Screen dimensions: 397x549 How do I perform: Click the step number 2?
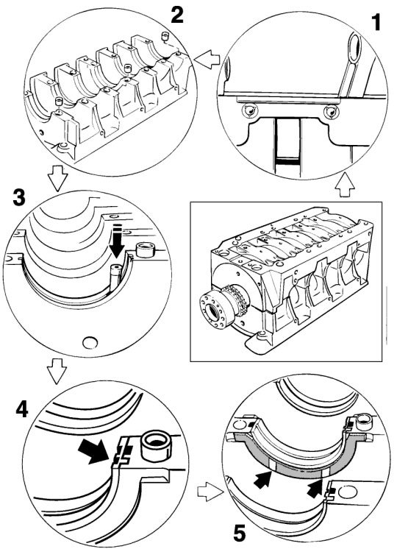click(x=177, y=15)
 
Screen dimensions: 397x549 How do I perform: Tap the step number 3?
click(x=19, y=197)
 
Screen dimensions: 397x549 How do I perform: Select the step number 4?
click(x=21, y=408)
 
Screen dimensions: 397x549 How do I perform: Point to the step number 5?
click(x=240, y=534)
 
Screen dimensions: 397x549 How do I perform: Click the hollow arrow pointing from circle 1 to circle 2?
click(x=207, y=60)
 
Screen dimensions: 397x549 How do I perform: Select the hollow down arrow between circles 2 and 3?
click(x=57, y=179)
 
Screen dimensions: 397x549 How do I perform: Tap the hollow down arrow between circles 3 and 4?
click(x=57, y=372)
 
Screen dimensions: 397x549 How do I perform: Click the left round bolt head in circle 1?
click(x=250, y=112)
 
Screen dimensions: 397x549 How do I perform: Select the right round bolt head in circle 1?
click(x=330, y=112)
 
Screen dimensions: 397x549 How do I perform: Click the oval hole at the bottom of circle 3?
click(x=90, y=342)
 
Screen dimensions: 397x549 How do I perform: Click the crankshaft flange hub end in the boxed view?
click(x=212, y=311)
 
